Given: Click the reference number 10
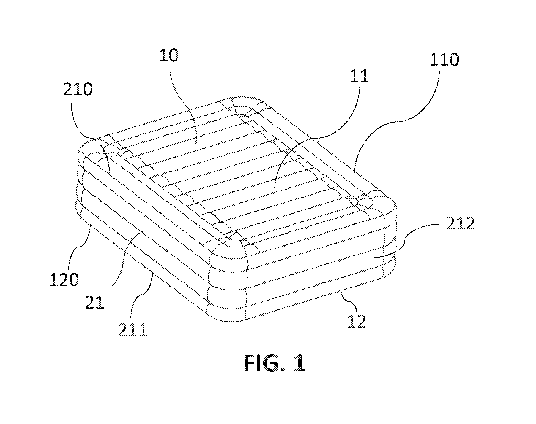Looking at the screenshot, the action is pyautogui.click(x=169, y=56).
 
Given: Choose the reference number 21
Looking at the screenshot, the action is pyautogui.click(x=94, y=302).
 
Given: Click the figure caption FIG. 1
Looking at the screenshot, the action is pyautogui.click(x=275, y=363).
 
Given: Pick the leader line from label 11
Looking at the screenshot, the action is pyautogui.click(x=319, y=129).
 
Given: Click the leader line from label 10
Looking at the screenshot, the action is pyautogui.click(x=185, y=107).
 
